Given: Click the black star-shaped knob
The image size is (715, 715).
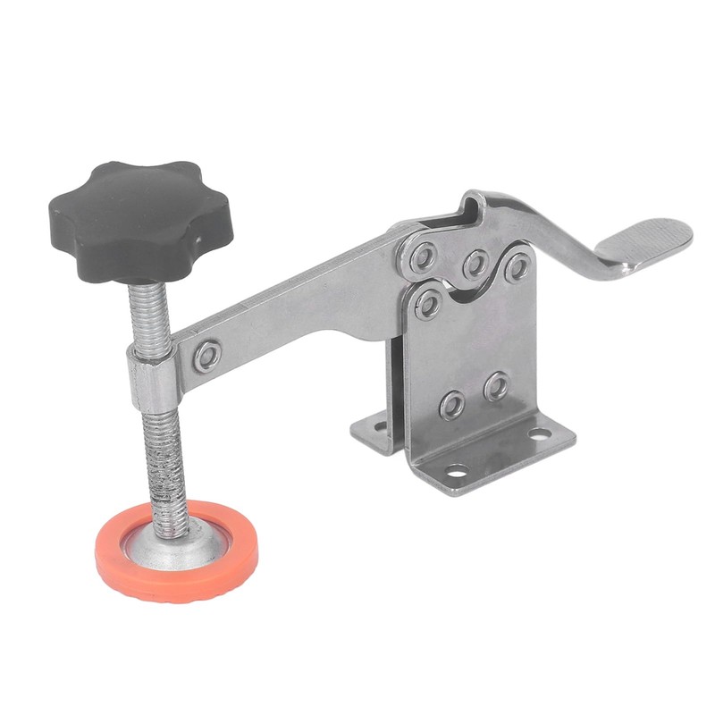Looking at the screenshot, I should pyautogui.click(x=140, y=219).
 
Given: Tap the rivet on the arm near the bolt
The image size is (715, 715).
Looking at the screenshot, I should pyautogui.click(x=208, y=355).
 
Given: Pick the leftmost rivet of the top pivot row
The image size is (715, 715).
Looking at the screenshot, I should pyautogui.click(x=424, y=257).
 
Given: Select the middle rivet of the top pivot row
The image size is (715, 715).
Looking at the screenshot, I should pyautogui.click(x=475, y=263).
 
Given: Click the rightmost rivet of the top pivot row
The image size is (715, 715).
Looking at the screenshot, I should pyautogui.click(x=517, y=267).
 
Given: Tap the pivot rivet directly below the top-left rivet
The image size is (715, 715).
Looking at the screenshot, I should pyautogui.click(x=428, y=305).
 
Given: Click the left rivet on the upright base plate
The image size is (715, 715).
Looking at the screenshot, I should pyautogui.click(x=452, y=404).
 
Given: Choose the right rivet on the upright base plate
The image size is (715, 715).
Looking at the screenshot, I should pyautogui.click(x=496, y=386).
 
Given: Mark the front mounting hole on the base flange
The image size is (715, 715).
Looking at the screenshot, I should pyautogui.click(x=457, y=470).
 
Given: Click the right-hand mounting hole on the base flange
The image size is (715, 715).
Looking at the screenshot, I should pyautogui.click(x=539, y=433).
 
